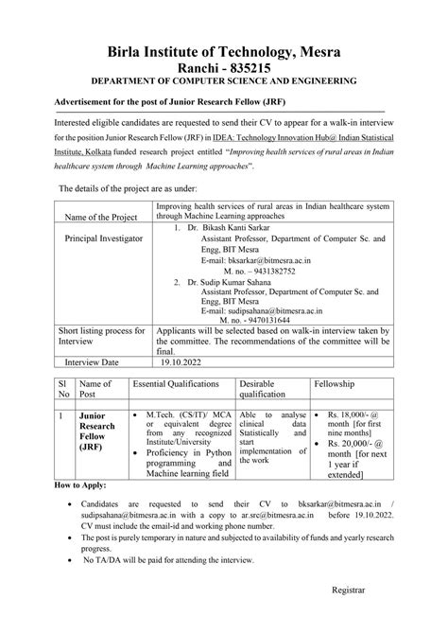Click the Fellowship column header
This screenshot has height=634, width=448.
[x=352, y=385]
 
